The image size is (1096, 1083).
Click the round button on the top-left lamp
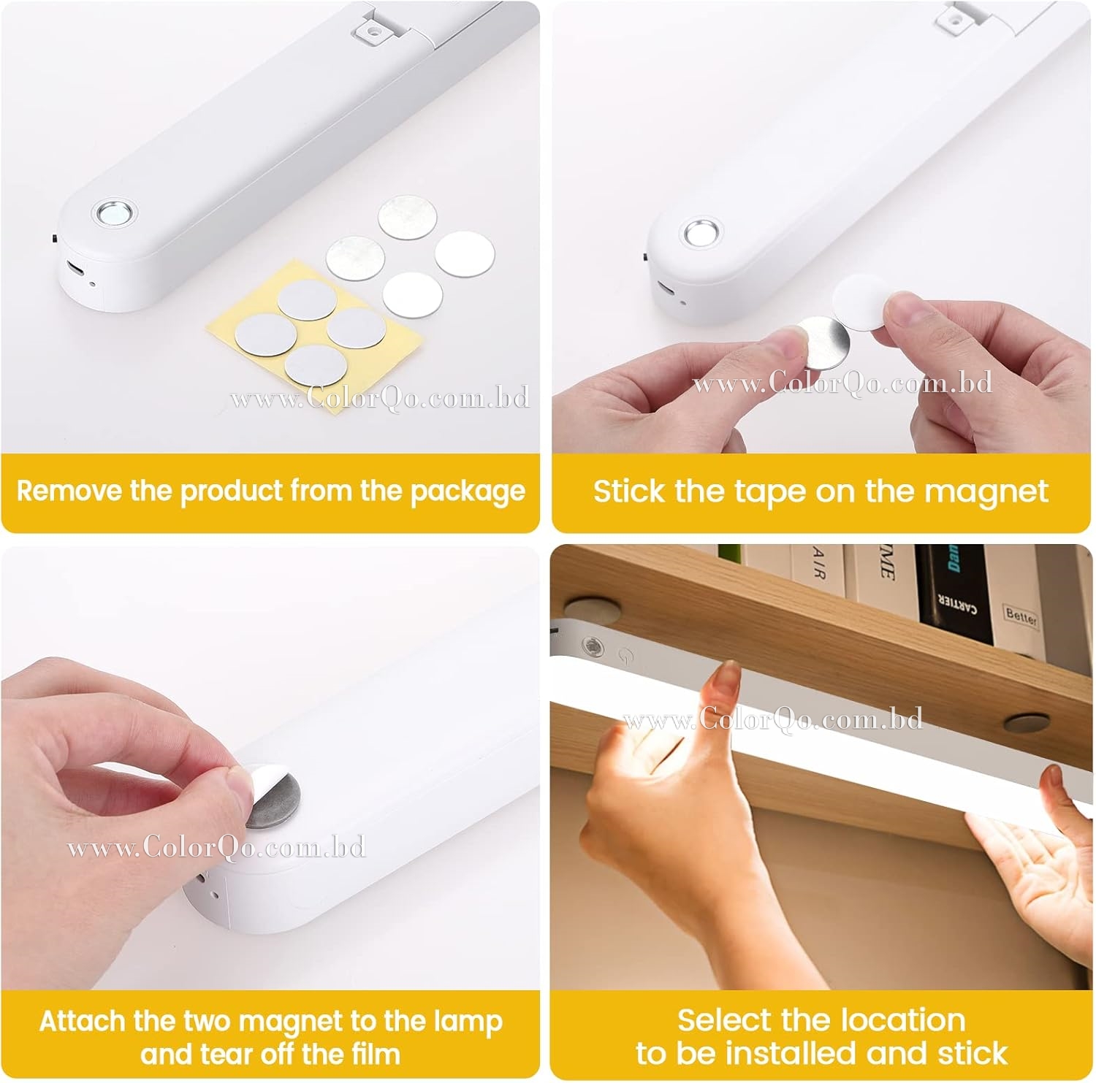pyautogui.click(x=115, y=213)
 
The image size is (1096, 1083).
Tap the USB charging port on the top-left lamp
pyautogui.click(x=75, y=267)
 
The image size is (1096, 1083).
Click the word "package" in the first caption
pyautogui.click(x=468, y=491)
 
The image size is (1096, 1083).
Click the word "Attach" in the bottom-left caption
pyautogui.click(x=83, y=1021)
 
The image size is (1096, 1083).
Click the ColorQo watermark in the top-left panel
pyautogui.click(x=380, y=398)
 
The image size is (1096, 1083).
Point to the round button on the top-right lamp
pyautogui.click(x=703, y=233)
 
